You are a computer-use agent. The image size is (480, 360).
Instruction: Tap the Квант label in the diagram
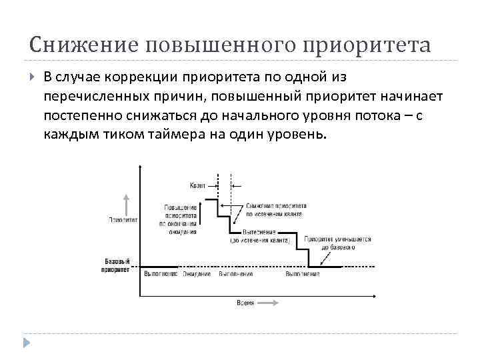(x=197, y=185)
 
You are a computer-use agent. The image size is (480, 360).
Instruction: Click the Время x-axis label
(x=245, y=303)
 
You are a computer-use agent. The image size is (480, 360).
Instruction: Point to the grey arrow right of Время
(x=267, y=303)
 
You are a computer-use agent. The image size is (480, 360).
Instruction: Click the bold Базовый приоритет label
(x=117, y=265)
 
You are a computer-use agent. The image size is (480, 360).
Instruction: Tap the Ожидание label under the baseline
(x=198, y=274)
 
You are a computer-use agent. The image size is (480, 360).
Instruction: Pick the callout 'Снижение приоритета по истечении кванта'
(x=276, y=210)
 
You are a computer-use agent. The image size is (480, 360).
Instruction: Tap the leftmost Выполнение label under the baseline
(x=160, y=274)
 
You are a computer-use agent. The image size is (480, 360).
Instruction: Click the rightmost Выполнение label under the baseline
(x=302, y=274)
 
